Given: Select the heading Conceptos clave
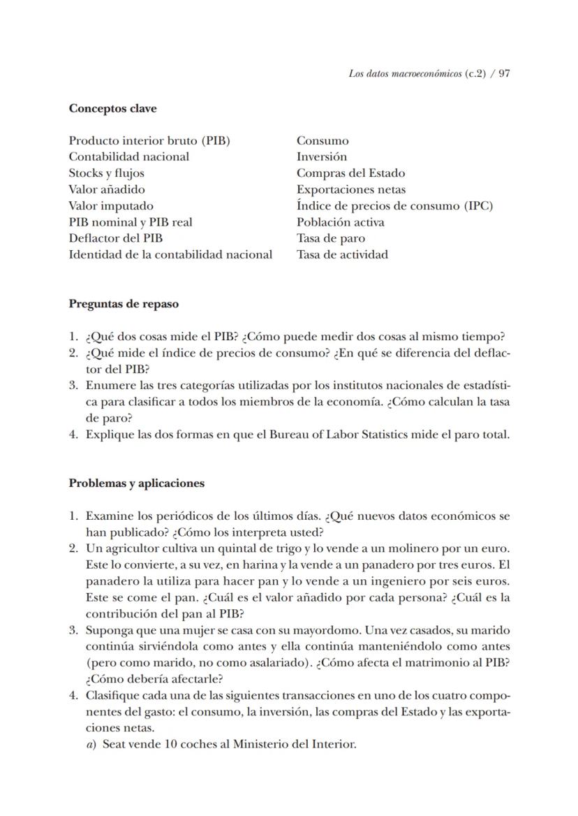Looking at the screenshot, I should tap(112, 108).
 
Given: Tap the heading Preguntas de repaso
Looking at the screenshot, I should tap(124, 304).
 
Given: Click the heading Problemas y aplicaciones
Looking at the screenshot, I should tap(136, 483).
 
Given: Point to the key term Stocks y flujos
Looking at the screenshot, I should tap(106, 173).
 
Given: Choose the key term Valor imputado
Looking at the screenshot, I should tap(111, 206).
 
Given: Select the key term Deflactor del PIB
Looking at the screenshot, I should tap(116, 238).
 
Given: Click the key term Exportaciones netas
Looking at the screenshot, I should tap(351, 189).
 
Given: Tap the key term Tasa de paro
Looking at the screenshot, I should tap(331, 238).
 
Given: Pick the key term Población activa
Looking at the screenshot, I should tap(341, 222).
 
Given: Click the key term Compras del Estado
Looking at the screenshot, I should tap(350, 173).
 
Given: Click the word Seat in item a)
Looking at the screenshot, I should tap(114, 744).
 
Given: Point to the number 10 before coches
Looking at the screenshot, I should tap(171, 744).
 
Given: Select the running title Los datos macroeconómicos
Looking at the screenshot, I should tap(405, 73).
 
